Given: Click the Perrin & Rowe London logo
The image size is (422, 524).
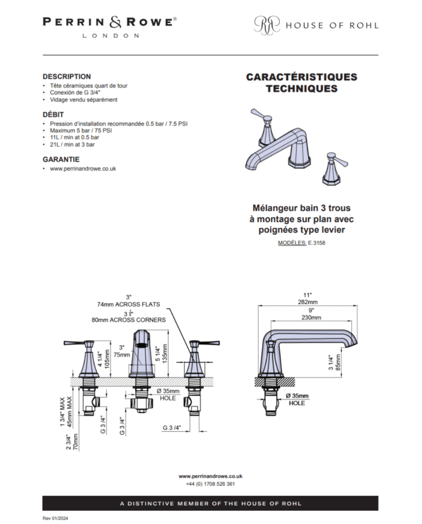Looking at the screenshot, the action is (110, 27).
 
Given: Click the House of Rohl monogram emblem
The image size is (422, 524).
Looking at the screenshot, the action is (267, 25).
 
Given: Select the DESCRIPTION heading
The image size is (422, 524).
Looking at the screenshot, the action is (67, 77).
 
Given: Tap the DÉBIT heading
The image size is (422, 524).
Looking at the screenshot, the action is (53, 115).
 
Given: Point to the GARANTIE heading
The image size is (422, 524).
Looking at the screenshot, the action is (61, 159).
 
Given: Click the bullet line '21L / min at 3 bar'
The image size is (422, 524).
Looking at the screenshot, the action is (72, 145).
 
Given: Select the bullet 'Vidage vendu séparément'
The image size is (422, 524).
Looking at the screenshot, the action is (84, 99).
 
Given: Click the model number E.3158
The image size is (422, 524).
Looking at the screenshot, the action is (316, 243).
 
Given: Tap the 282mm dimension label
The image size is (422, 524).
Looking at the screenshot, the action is (307, 302).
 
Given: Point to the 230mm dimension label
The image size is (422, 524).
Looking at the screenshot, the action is (311, 317).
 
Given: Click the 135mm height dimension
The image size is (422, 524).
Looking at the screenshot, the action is (165, 353).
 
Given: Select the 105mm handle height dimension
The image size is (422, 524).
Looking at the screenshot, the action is (107, 359).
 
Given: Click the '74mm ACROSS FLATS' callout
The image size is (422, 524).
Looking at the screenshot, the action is (128, 305).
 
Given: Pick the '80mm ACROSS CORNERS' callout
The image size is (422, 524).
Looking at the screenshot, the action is (128, 320).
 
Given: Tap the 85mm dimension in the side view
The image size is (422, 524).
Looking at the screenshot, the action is (338, 362).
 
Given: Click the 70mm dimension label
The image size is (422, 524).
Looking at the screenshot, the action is (75, 442).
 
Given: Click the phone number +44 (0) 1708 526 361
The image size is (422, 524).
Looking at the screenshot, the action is (210, 484).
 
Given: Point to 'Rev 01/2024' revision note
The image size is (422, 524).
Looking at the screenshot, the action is (55, 519).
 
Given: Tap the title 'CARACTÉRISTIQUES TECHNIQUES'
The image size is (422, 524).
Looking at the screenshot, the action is (301, 83).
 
